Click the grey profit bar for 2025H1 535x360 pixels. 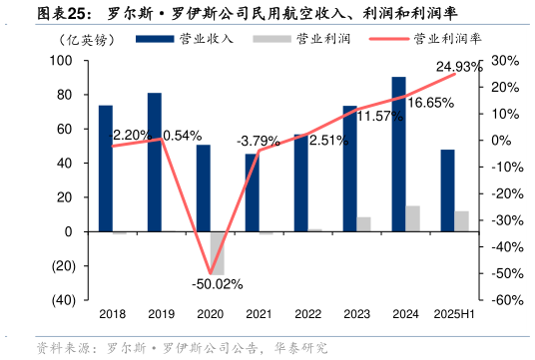coord(461,221)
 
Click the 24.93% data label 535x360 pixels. coord(459,67)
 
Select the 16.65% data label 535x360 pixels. coord(431,103)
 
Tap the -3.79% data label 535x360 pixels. coord(259,142)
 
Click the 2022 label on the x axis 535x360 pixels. coord(307,314)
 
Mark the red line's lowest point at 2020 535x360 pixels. coord(210,272)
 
